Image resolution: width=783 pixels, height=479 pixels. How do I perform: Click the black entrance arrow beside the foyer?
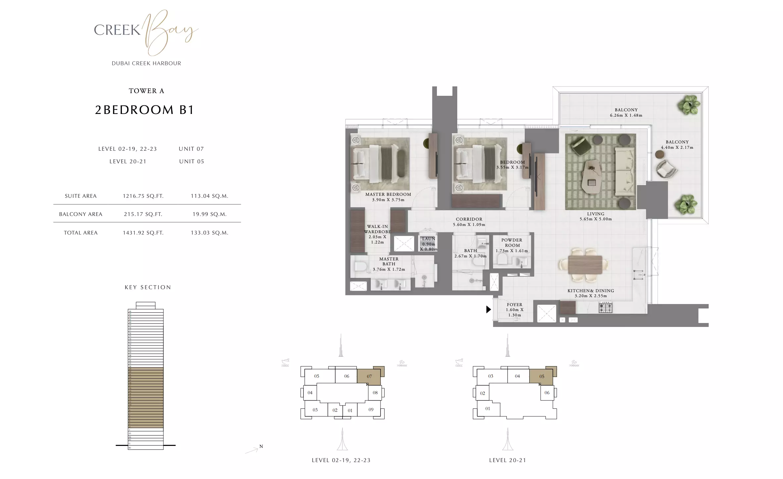point(488,309)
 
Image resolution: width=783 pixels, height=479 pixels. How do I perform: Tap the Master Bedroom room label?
point(388,194)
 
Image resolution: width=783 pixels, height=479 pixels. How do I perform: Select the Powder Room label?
point(512,242)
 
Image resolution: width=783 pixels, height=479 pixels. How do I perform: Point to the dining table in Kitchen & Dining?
point(585,265)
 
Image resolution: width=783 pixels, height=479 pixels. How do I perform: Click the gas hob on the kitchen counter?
point(605,308)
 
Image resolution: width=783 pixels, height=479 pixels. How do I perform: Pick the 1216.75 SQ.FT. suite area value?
point(143,196)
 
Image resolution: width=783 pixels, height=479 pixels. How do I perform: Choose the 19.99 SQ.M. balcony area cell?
point(209,214)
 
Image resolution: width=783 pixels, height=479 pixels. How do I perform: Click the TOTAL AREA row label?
point(80,233)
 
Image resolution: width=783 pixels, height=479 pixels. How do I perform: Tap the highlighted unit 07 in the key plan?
point(369,376)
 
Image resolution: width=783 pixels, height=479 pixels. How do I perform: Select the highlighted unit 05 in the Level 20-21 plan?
point(542,376)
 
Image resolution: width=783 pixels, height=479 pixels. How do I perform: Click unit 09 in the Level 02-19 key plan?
point(371,410)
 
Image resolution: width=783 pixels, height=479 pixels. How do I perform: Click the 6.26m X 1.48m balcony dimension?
point(626,115)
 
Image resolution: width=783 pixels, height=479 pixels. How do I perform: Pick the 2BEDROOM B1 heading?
point(144,110)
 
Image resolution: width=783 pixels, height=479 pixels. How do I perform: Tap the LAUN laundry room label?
point(428,239)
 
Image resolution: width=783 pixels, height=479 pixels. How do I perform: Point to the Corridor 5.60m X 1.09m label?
point(469,222)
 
